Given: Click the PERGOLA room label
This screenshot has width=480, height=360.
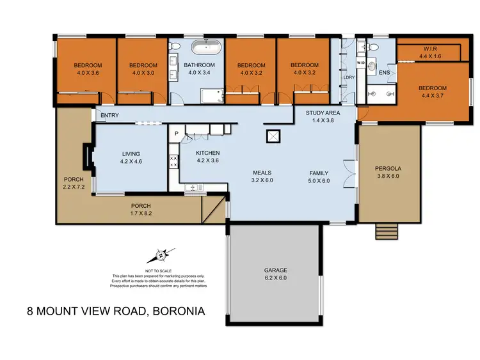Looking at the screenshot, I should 389,169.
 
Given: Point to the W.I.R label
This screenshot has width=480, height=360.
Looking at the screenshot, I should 429,49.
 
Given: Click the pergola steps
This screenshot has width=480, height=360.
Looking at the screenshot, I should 386,230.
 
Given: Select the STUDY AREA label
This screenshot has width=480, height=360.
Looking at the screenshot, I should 323,113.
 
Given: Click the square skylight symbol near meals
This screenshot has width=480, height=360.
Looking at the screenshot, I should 273,136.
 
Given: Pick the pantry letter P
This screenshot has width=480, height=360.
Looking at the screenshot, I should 175,133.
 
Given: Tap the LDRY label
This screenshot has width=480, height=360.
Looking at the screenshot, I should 349,77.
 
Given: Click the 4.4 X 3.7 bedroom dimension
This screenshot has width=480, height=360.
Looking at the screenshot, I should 433,96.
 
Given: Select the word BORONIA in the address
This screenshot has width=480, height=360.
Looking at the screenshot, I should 177,313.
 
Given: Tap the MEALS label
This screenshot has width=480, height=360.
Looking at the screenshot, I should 262,173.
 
